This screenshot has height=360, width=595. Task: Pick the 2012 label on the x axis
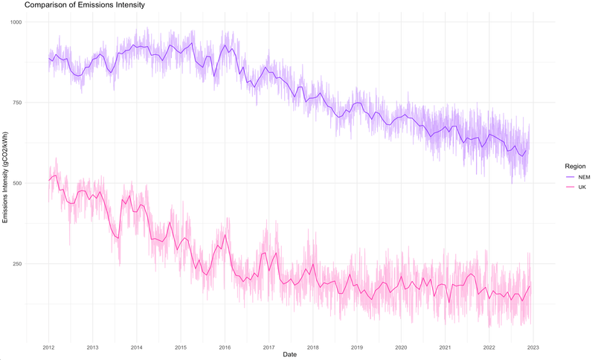pyautogui.click(x=48, y=347)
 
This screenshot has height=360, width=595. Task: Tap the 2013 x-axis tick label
pyautogui.click(x=92, y=347)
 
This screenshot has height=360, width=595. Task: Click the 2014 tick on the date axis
pyautogui.click(x=137, y=347)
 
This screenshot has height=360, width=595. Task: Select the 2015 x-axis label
pyautogui.click(x=181, y=347)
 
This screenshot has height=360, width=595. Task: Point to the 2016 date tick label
pyautogui.click(x=225, y=347)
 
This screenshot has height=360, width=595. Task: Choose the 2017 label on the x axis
pyautogui.click(x=269, y=347)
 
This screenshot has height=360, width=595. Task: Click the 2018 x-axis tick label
pyautogui.click(x=313, y=347)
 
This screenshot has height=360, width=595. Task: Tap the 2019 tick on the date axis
pyautogui.click(x=357, y=347)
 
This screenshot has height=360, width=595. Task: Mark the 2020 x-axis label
pyautogui.click(x=401, y=347)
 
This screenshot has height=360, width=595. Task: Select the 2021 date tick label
pyautogui.click(x=446, y=347)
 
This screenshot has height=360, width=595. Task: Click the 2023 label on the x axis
pyautogui.click(x=533, y=347)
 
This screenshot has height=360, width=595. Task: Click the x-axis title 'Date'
pyautogui.click(x=291, y=355)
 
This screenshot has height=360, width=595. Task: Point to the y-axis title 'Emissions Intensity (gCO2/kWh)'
pyautogui.click(x=5, y=177)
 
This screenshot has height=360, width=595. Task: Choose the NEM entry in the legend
pyautogui.click(x=578, y=178)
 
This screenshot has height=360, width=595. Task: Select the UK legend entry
pyautogui.click(x=576, y=187)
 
